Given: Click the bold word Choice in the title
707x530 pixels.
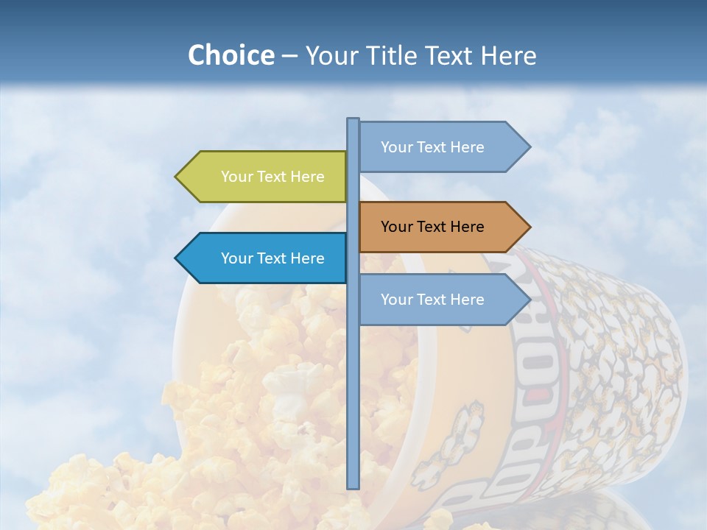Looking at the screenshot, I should point(231,55).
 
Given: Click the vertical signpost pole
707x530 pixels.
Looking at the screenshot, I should point(353,368).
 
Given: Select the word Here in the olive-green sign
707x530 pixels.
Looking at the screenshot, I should point(307,177).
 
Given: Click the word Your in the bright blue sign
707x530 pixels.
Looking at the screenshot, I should point(236,258).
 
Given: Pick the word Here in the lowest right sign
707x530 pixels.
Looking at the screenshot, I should point(467,300).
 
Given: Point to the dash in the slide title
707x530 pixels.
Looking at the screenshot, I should point(289,56).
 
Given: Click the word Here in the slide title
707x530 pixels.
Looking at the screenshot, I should point(509,55).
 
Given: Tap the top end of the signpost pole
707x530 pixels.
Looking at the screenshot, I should point(353,120).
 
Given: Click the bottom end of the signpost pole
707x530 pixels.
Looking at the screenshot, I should point(353,487).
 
